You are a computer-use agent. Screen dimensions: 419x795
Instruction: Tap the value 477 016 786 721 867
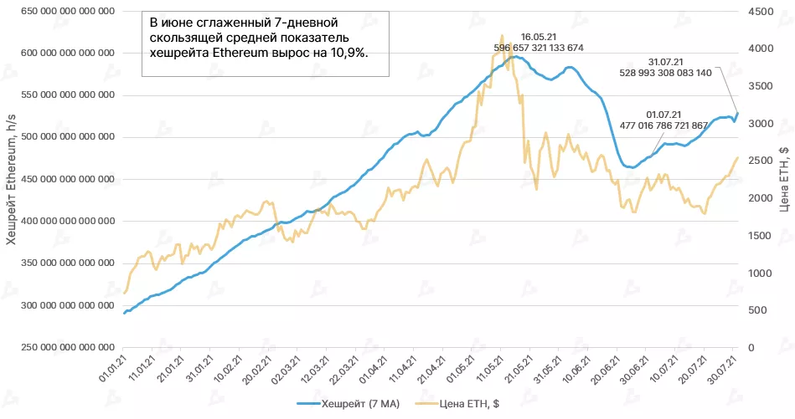(x=663, y=125)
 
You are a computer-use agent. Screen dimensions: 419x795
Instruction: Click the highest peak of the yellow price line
(x=502, y=36)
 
